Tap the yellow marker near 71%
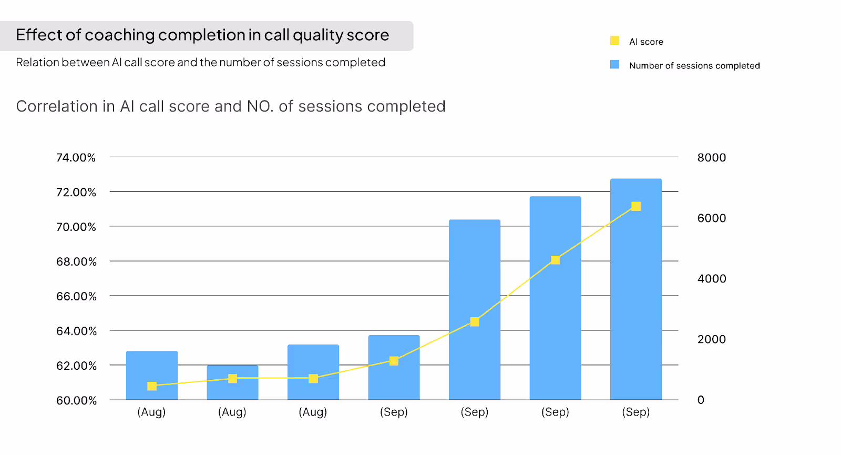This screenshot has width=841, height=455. [636, 206]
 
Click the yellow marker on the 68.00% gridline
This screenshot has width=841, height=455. [555, 260]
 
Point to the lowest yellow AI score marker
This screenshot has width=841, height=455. [152, 386]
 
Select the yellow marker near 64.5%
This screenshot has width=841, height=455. [475, 322]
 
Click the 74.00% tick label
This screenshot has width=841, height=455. [76, 158]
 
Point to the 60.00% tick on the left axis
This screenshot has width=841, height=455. [76, 400]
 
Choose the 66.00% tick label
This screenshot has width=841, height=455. [76, 296]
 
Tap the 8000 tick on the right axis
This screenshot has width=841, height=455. [711, 158]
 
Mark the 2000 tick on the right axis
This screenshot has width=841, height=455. [711, 339]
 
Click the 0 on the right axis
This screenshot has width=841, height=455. [701, 400]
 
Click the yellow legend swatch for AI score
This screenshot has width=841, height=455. [614, 41]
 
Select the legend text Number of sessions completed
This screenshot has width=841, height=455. [694, 66]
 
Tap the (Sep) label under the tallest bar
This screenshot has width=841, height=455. [636, 412]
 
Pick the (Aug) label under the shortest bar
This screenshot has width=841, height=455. [232, 412]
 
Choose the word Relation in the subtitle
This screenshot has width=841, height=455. [37, 63]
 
